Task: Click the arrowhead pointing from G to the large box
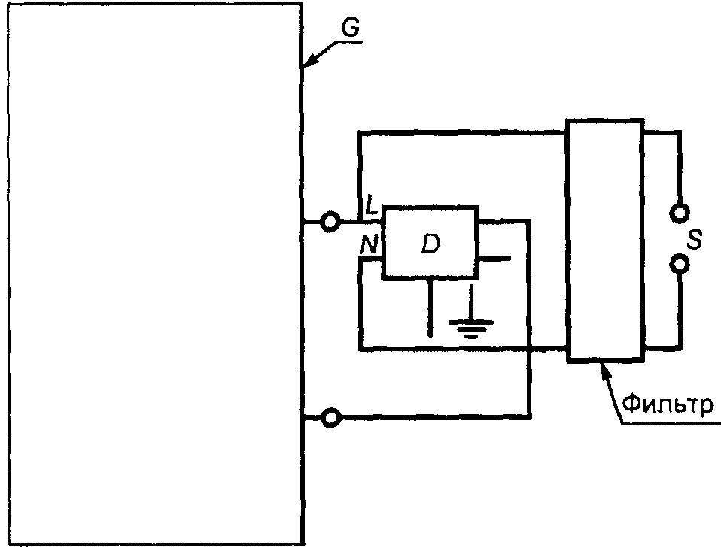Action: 307,66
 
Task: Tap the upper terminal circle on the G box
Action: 330,222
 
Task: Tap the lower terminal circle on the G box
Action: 330,417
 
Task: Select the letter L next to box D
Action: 371,204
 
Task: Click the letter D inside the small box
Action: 430,244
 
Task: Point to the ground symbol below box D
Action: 470,325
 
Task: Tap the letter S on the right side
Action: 696,241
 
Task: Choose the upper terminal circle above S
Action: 680,211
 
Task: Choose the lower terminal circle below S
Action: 680,265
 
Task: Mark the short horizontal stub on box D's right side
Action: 494,259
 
